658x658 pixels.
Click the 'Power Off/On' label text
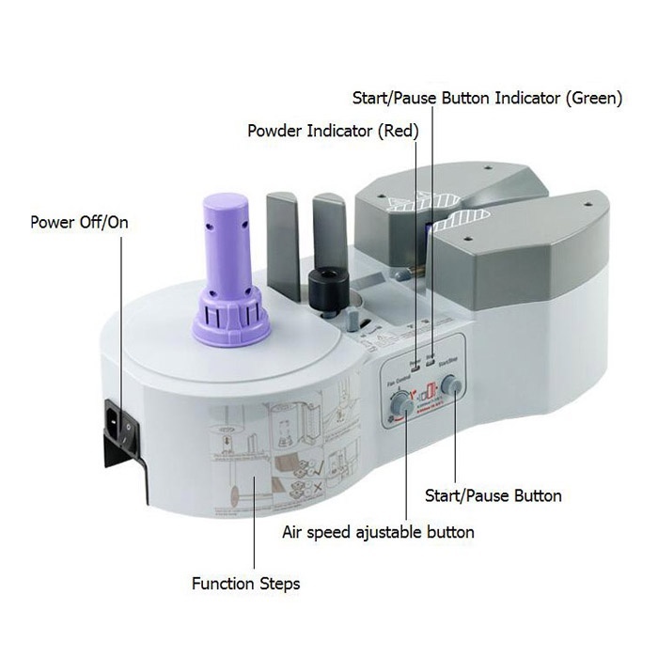pos(79,223)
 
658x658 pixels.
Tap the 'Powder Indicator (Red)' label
pos(333,131)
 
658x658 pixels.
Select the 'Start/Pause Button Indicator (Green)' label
pos(487,98)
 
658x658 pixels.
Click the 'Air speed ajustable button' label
pos(378,532)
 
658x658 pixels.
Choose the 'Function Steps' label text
pos(245,584)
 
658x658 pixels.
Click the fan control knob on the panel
pos(401,403)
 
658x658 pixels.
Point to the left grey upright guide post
pos(282,246)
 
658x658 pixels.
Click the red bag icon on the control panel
pos(428,390)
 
